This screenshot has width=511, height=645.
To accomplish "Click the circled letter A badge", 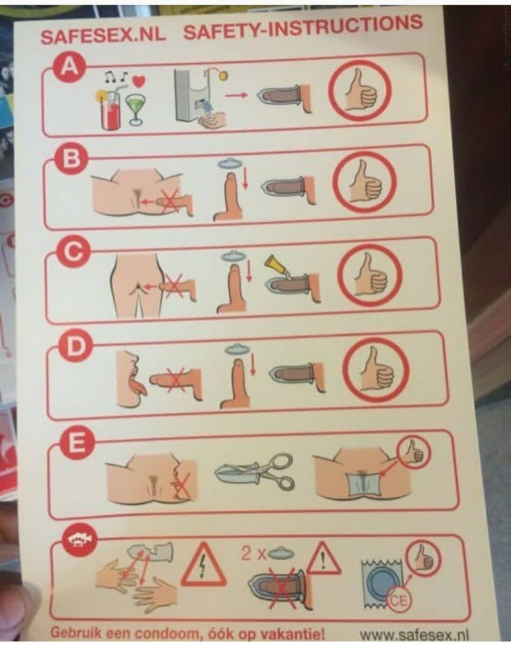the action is point(69,66).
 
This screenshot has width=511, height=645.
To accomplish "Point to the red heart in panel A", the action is point(140,80).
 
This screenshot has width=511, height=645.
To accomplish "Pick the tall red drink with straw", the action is point(109,108).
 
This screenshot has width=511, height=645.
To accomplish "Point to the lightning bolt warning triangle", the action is point(203,564).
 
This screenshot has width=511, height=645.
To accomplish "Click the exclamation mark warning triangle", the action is point(323,558).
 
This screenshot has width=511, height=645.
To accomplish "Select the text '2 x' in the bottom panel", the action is point(253,554).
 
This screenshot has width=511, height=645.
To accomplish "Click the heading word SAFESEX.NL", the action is point(103,35).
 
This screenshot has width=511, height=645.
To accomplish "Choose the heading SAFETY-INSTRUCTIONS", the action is point(303,27).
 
